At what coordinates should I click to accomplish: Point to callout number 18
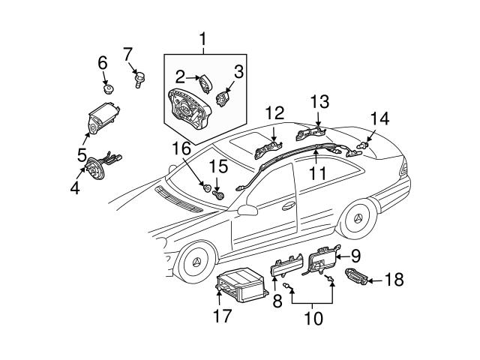coord(394,280)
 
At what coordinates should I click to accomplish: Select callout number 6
coord(103,63)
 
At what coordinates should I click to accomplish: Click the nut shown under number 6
coord(108,88)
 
